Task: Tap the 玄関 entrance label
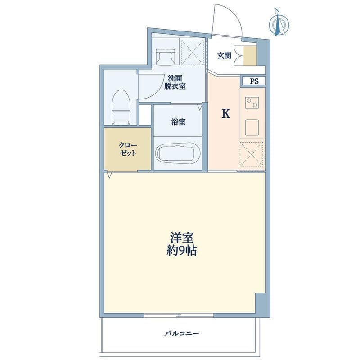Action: (224, 55)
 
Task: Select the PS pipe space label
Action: (254, 81)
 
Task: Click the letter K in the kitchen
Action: (226, 114)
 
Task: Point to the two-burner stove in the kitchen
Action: (252, 103)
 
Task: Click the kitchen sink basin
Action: (252, 127)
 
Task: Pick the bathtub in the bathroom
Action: (178, 153)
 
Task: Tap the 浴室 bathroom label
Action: (178, 122)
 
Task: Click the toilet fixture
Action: (121, 108)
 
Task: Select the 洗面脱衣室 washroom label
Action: (175, 82)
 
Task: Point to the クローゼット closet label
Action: (128, 149)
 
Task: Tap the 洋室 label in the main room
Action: (182, 238)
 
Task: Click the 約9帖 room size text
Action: (181, 251)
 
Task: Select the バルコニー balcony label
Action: (182, 333)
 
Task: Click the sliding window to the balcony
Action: (179, 315)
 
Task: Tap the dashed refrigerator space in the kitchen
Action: (252, 154)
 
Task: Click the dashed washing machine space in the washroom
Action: (192, 52)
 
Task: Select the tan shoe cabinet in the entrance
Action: (250, 56)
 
